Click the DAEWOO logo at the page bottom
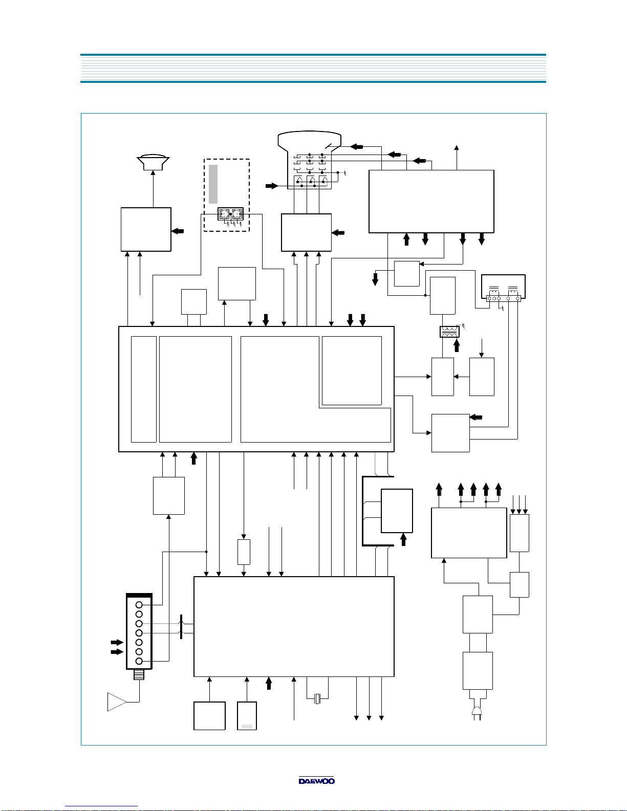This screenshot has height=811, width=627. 316,780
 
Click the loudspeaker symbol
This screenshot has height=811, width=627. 153,162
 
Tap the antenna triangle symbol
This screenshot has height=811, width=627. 117,702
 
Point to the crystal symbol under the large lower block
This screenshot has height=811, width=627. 318,698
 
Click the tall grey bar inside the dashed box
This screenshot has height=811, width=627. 213,184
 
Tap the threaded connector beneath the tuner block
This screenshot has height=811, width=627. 139,674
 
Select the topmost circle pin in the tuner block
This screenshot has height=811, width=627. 139,605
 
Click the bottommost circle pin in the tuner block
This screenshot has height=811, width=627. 139,661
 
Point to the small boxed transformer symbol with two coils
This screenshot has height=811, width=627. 449,332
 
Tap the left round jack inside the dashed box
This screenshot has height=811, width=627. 224,214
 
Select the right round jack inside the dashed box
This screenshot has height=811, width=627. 237,214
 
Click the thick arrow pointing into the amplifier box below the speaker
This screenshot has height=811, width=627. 178,231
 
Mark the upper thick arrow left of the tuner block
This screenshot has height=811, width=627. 117,642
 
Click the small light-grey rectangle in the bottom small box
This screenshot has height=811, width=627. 247,726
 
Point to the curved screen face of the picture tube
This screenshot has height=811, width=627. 309,133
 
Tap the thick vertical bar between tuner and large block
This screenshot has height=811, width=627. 181,627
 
